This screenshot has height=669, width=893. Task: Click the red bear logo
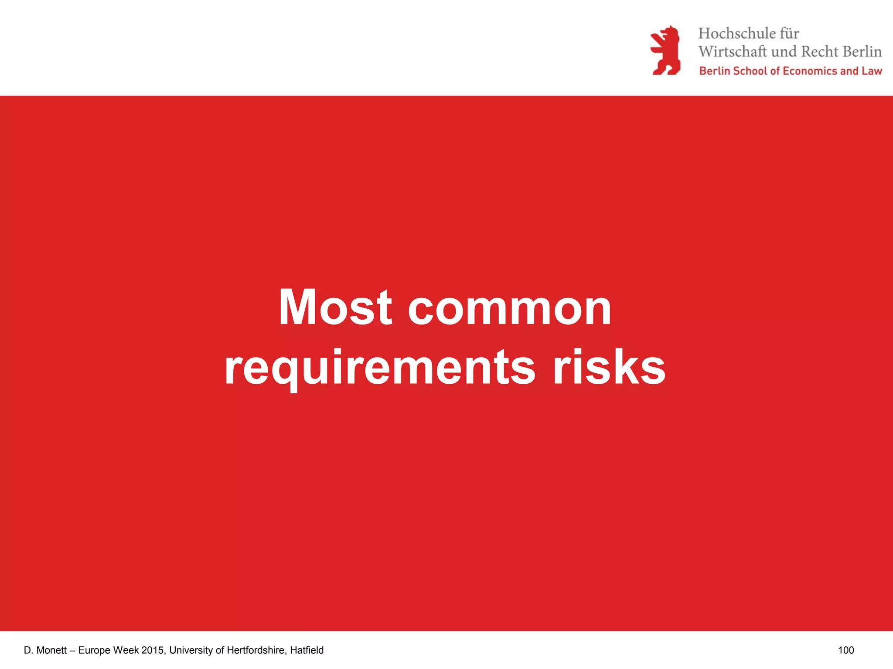(665, 51)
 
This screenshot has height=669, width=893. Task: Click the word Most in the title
(335, 307)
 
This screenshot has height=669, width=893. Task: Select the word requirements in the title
(379, 368)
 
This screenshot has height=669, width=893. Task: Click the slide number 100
(845, 650)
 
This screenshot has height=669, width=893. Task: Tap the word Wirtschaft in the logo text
(732, 51)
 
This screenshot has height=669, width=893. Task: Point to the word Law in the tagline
(872, 71)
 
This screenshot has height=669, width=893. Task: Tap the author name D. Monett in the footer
(45, 650)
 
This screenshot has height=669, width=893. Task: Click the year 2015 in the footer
(153, 650)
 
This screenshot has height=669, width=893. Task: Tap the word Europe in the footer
(94, 650)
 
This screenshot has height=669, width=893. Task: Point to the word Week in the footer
(126, 650)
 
